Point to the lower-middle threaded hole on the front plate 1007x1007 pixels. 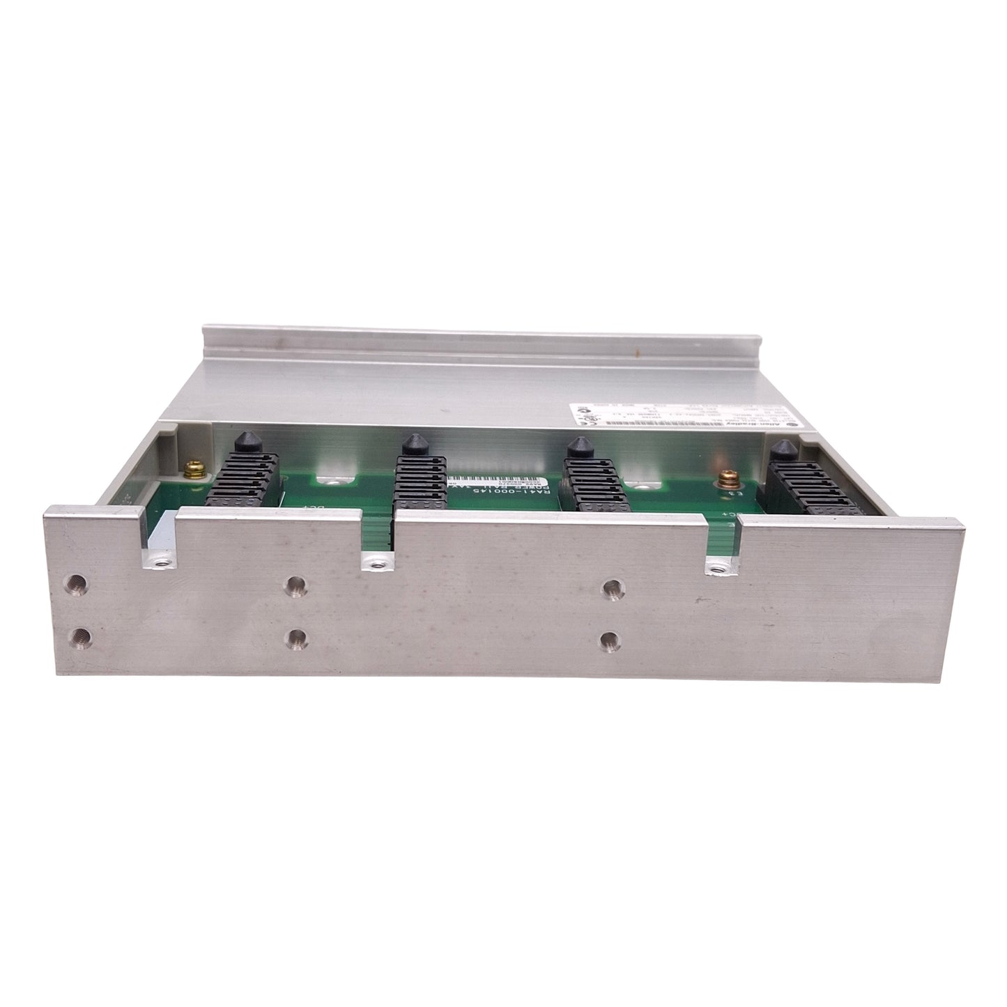(x=297, y=636)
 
